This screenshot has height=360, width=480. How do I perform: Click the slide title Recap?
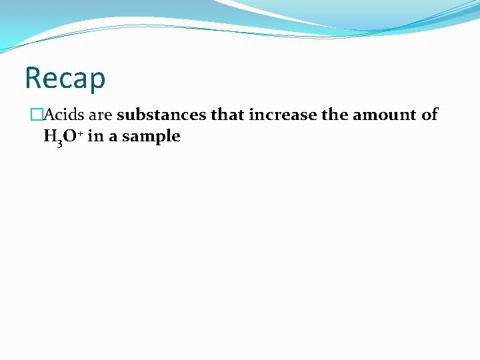(65, 78)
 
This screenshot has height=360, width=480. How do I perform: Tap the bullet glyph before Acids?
(36, 115)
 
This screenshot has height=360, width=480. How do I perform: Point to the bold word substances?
(161, 115)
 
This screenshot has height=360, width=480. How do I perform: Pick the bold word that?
(228, 115)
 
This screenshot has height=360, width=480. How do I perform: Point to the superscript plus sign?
(79, 133)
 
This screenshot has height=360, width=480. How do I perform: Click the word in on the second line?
(94, 137)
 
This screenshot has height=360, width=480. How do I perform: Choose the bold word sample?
(151, 137)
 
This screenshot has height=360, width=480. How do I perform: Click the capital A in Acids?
(48, 115)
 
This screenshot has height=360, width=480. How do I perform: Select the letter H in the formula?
(49, 137)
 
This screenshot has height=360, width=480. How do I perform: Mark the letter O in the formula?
(70, 137)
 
